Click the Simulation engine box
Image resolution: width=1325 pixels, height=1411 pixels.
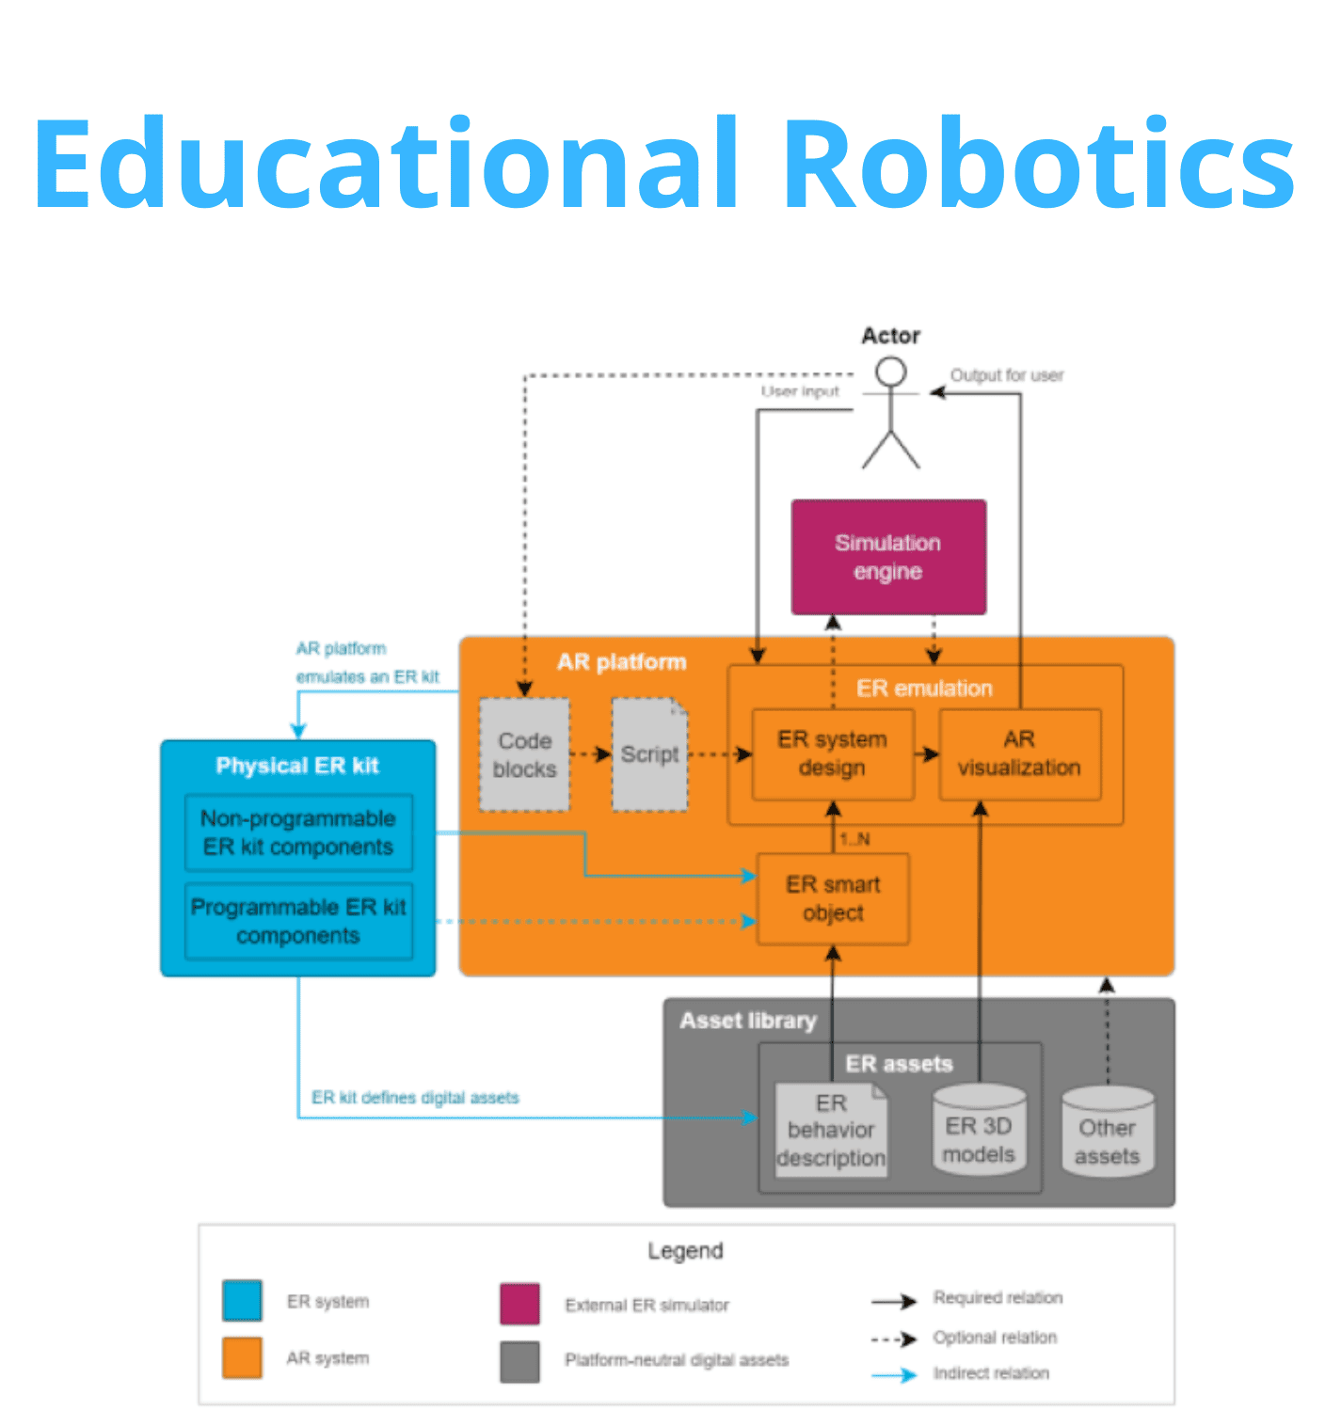[888, 557]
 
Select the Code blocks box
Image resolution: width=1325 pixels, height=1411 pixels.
[524, 754]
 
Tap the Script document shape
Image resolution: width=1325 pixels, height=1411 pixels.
[649, 754]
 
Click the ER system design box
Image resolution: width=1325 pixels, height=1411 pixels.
[833, 754]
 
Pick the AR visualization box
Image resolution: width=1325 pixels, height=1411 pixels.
[1019, 754]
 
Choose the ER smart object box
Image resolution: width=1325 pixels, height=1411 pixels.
[833, 898]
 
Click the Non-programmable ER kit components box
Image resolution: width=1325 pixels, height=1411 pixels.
[298, 832]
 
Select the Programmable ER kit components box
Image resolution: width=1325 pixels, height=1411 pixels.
[298, 921]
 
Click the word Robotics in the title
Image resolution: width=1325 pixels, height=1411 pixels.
[1040, 165]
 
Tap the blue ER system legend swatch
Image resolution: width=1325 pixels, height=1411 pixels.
[242, 1301]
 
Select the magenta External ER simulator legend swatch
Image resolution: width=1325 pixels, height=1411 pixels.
[519, 1304]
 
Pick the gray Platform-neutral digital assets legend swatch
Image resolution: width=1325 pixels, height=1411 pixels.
[519, 1361]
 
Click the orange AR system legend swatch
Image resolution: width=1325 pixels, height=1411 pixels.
[242, 1358]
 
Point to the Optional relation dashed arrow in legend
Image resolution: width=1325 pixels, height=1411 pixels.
[894, 1339]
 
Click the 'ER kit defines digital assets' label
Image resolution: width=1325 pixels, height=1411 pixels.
[415, 1098]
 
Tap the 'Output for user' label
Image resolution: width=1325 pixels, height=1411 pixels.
[1006, 375]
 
